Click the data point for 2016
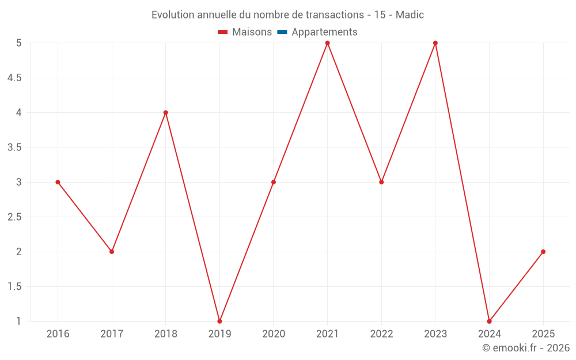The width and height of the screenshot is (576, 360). point(58,182)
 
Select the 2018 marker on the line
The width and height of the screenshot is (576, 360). point(166,112)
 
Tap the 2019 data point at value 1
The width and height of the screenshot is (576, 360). point(219,321)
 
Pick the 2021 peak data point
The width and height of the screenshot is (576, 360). point(327,43)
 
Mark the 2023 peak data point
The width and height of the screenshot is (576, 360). point(435,43)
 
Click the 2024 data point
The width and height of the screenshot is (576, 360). point(489,321)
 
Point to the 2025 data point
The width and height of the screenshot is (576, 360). point(543,252)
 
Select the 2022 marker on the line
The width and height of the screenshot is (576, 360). point(381,182)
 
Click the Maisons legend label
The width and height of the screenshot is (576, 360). point(252,32)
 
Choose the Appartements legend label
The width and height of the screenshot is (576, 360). point(324,32)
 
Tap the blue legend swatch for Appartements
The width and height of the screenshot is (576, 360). point(282,32)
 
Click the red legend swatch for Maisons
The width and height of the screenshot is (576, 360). point(223,32)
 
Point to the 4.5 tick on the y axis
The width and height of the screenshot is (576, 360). point(14,78)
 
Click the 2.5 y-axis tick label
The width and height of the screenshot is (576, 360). point(14,217)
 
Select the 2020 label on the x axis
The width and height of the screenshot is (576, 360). point(274,334)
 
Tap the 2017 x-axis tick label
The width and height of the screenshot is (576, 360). point(112,334)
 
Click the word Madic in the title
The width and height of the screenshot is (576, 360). point(410,15)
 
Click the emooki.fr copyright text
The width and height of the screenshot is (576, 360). point(526,348)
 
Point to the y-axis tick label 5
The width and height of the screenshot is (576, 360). point(19,43)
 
